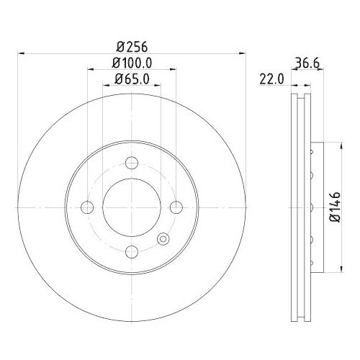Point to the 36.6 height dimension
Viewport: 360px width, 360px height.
(305, 63)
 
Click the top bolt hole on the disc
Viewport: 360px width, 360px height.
(132, 163)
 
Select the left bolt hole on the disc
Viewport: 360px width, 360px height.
(88, 207)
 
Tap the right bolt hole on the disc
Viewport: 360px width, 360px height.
(176, 207)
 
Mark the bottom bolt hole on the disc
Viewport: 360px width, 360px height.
(132, 251)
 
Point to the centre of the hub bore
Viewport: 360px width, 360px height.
(132, 207)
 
